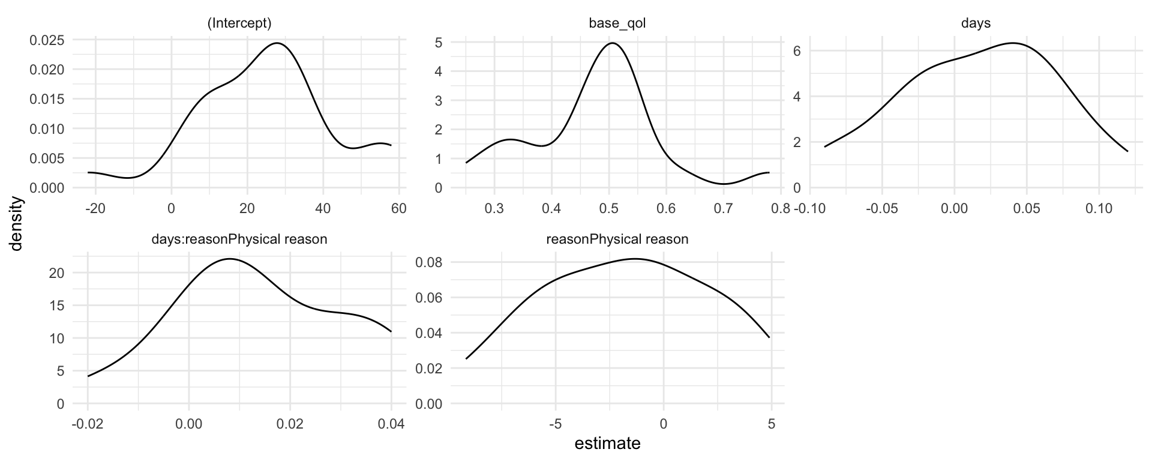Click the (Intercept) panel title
239,24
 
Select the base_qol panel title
617,24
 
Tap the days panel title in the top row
976,24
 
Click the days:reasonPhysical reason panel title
239,240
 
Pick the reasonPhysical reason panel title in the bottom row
617,240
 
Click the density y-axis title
18,224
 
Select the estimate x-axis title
607,444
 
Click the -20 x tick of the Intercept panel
95,209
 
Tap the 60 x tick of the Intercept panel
399,209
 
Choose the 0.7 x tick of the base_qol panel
724,209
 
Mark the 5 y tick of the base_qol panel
440,43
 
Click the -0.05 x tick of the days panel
881,209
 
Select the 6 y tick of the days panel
796,51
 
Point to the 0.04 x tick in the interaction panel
391,424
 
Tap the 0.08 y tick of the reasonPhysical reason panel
429,262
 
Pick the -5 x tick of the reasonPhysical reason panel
556,424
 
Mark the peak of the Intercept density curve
276,43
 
